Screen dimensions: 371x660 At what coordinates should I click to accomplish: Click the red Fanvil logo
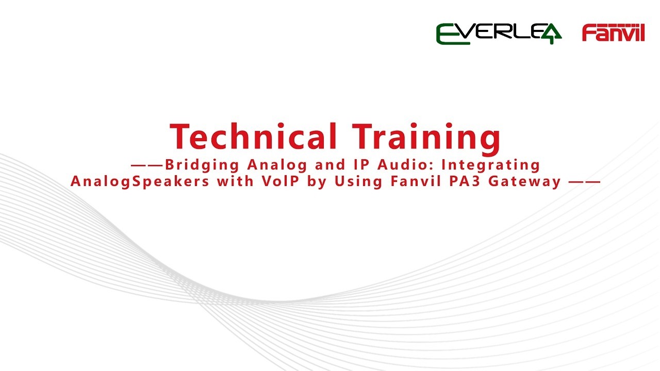(613, 32)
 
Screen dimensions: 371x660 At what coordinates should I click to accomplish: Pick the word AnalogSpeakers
(140, 182)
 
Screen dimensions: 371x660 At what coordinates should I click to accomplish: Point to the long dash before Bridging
(146, 165)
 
